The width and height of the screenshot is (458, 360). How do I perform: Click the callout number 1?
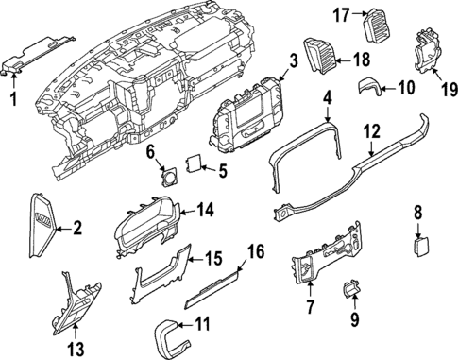[x=13, y=98]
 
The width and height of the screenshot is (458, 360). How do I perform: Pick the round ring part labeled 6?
[x=173, y=178]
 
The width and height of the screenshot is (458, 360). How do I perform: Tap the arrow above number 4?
[x=327, y=117]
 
